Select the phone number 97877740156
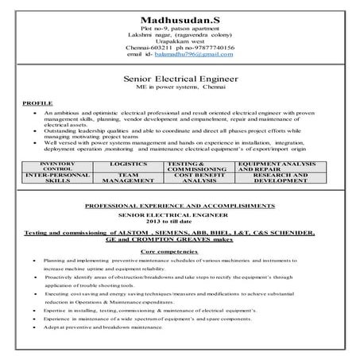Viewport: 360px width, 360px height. (204, 48)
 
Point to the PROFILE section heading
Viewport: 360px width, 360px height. (38, 104)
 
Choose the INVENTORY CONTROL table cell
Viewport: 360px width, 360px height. (56, 166)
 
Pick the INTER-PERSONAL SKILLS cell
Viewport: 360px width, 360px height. (56, 177)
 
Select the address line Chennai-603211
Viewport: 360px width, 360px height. (149, 48)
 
